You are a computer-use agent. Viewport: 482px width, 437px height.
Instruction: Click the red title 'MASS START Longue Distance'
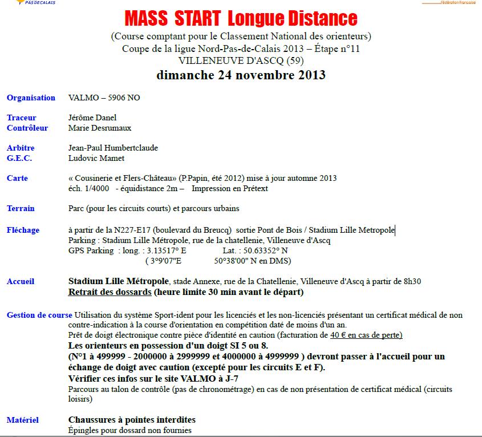tap(241, 19)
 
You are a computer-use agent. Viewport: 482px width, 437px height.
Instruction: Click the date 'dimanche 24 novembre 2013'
tap(241, 75)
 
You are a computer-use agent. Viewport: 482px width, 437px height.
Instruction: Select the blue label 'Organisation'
tap(31, 98)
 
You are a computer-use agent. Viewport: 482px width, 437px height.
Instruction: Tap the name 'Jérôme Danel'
tap(92, 118)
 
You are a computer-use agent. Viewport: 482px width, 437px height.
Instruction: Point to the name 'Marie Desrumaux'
tap(99, 128)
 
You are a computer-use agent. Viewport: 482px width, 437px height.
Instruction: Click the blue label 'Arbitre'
tap(21, 148)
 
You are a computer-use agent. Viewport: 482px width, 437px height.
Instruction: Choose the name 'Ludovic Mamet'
tap(96, 158)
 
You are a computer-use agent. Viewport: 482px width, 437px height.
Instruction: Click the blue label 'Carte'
tap(17, 178)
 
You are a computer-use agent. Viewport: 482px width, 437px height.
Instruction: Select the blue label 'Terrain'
tap(21, 208)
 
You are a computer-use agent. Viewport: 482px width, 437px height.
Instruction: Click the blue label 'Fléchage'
tap(23, 230)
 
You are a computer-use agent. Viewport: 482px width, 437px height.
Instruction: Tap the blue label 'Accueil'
tap(21, 281)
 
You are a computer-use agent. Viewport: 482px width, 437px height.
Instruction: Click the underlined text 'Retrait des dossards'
tap(110, 292)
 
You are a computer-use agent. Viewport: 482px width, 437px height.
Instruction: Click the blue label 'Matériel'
tap(23, 420)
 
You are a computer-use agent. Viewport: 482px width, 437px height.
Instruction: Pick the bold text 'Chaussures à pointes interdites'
tap(132, 420)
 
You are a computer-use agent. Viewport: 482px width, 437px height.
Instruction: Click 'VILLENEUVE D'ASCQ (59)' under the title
tap(241, 60)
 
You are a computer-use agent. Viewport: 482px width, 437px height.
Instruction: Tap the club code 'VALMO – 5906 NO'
tap(104, 98)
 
